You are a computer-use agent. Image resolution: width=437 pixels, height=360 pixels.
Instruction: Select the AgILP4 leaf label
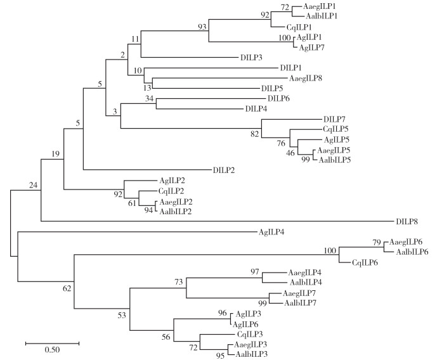272,232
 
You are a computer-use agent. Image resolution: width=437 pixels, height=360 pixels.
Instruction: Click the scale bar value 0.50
52,350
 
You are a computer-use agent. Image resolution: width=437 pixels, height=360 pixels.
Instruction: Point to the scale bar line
52,343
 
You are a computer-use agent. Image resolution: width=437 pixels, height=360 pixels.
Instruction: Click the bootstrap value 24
34,184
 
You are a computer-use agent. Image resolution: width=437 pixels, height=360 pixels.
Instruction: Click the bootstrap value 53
122,314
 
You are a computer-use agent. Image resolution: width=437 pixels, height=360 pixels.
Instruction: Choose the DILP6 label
279,98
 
